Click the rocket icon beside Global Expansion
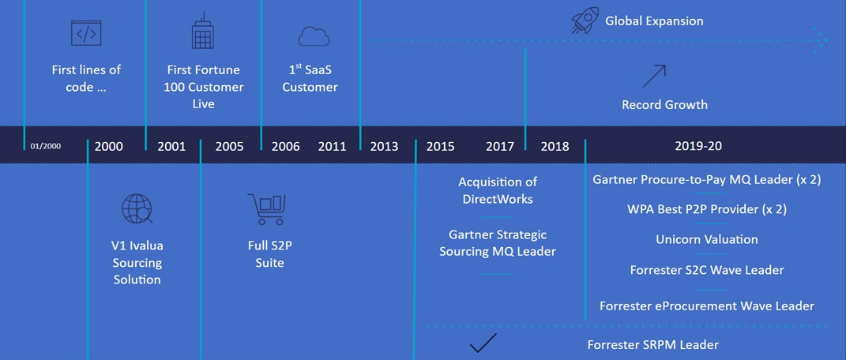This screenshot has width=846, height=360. click(x=585, y=21)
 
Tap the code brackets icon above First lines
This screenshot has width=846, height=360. click(x=86, y=33)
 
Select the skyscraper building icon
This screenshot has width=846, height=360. click(x=203, y=31)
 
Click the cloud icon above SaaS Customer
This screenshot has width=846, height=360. click(x=314, y=36)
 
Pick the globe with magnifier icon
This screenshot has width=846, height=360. click(x=137, y=208)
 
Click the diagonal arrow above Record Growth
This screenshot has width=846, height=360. click(x=654, y=76)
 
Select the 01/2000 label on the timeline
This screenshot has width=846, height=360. click(x=46, y=146)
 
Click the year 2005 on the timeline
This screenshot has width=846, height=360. click(x=229, y=147)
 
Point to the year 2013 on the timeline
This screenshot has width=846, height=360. click(x=384, y=147)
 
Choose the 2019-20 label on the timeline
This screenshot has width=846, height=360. click(x=698, y=146)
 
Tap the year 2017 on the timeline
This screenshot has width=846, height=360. click(x=499, y=147)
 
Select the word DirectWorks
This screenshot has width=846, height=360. click(x=498, y=199)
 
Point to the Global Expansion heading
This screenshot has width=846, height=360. click(x=654, y=21)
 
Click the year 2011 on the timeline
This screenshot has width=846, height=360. click(x=332, y=147)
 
